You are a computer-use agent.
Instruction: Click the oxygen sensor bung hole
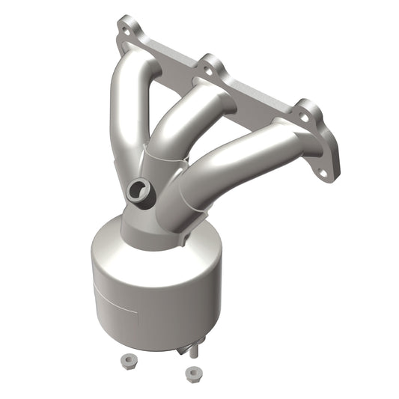coord(137,190)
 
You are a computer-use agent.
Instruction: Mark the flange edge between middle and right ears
coord(255,94)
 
